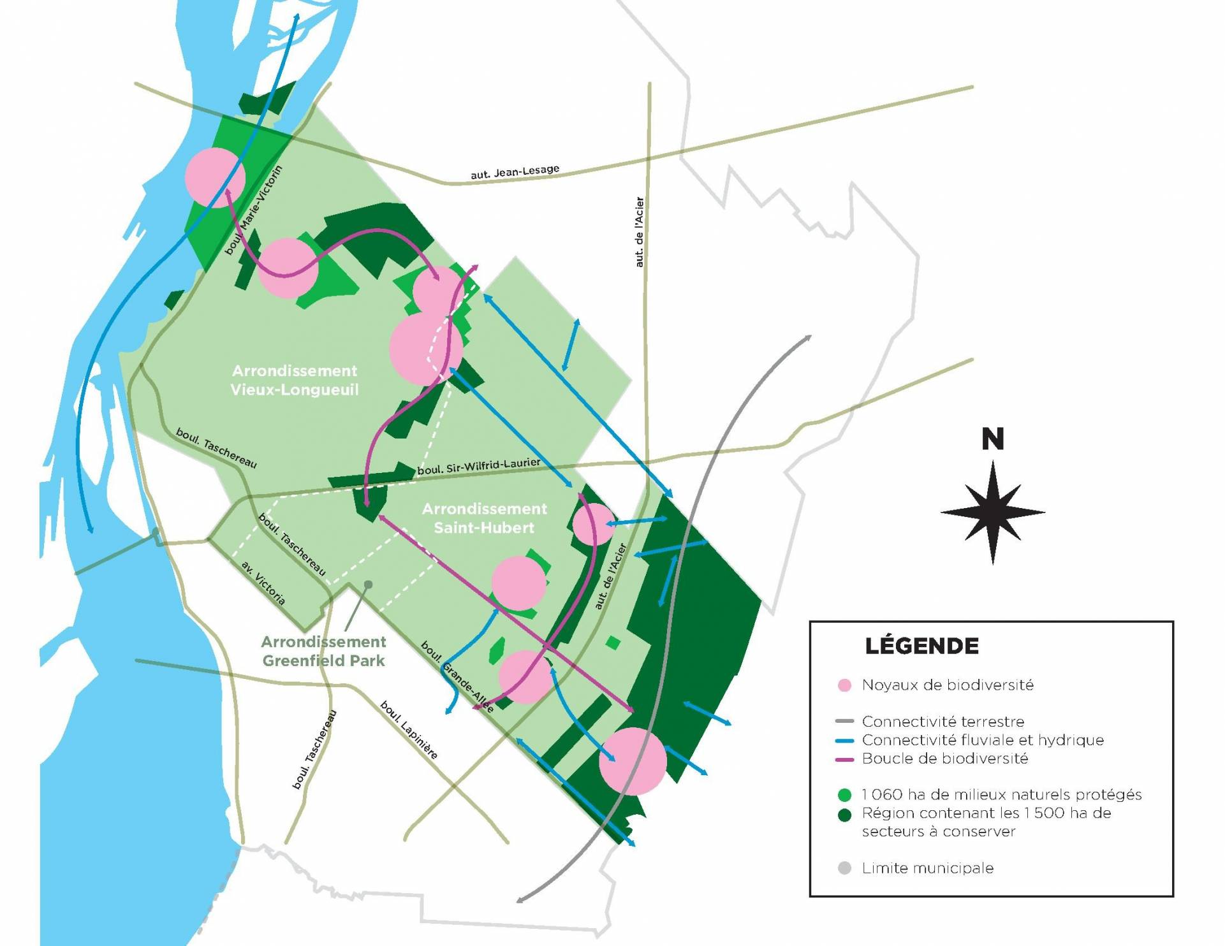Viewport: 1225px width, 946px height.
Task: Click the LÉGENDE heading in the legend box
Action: (x=921, y=646)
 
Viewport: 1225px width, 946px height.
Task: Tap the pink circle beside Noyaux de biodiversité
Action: (x=844, y=686)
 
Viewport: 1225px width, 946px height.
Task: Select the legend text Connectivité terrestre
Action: (x=943, y=722)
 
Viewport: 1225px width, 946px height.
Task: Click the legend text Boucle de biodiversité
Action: (x=944, y=759)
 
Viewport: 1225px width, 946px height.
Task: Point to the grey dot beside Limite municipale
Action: (x=844, y=868)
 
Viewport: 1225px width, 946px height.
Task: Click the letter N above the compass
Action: (x=992, y=439)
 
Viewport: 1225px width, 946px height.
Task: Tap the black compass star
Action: (x=992, y=512)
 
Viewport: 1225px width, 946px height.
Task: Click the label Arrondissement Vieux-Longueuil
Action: (x=295, y=380)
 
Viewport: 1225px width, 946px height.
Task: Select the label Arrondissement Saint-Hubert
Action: (x=484, y=518)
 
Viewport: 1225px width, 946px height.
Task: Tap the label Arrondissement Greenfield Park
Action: (x=323, y=651)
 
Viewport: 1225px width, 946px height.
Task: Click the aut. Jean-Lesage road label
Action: (x=515, y=171)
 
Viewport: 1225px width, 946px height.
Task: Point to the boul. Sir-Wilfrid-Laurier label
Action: (x=478, y=467)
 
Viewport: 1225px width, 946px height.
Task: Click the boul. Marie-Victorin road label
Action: (x=253, y=210)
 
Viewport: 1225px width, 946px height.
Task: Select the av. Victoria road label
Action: (x=263, y=583)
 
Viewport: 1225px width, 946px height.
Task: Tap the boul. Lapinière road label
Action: (x=409, y=731)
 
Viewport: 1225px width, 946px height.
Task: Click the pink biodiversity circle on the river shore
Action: (x=215, y=178)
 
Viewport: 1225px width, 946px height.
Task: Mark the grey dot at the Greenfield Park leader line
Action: (x=368, y=584)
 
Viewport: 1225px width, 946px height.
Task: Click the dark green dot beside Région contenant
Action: (x=844, y=815)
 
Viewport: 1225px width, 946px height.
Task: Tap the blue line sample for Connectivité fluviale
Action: (x=844, y=741)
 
